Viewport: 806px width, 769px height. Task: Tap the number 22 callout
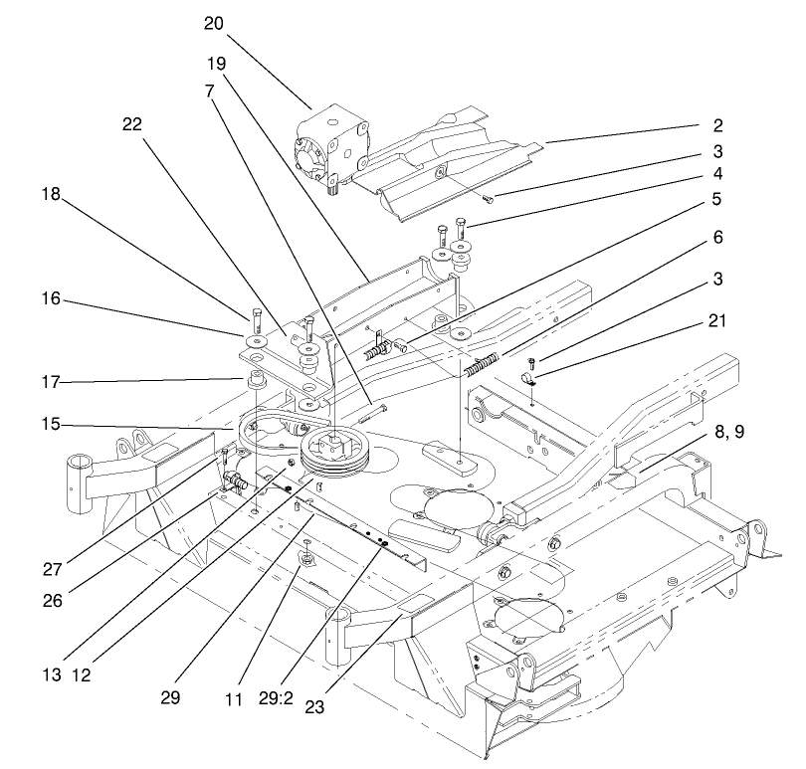(131, 124)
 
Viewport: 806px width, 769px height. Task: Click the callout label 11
(234, 699)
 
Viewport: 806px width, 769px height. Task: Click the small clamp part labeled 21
(531, 378)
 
